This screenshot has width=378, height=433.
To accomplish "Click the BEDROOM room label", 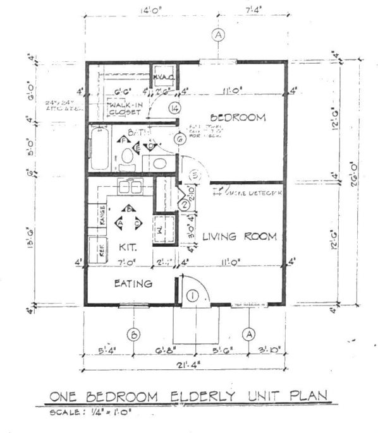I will point(237,118).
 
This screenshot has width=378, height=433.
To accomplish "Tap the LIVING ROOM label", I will point(240,237).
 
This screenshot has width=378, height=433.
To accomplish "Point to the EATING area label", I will point(133,284).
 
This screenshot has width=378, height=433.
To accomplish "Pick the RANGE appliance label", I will point(102,216).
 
